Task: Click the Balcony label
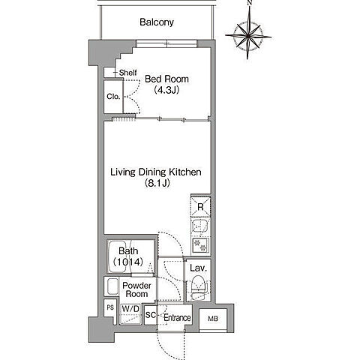point(157,22)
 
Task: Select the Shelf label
point(127,73)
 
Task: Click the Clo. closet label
point(113,97)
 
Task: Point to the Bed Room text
point(166,79)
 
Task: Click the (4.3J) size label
point(166,90)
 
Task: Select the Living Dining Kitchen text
point(156,172)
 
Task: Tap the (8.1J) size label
point(157,183)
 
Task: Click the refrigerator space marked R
point(200,207)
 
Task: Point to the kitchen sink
point(200,226)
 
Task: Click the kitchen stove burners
point(200,245)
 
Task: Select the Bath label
point(128,250)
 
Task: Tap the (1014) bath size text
point(128,262)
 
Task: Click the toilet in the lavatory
point(199,287)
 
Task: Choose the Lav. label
point(199,268)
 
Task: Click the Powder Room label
point(136,289)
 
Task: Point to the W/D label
point(130,309)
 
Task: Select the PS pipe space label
point(110,307)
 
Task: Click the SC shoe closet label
point(151,315)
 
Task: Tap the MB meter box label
point(213,319)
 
